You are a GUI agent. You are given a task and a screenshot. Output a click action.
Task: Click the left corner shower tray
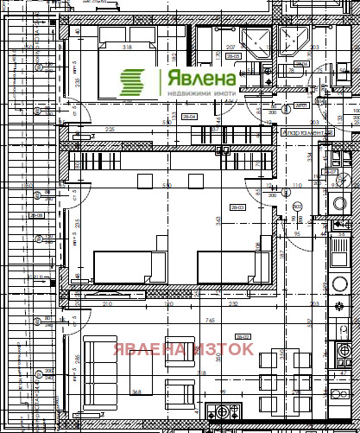pyautogui.click(x=256, y=41)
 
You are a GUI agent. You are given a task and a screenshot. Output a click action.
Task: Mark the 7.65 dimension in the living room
pyautogui.click(x=210, y=321)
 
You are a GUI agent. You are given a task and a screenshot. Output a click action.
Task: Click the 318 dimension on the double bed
pyautogui.click(x=127, y=48)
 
